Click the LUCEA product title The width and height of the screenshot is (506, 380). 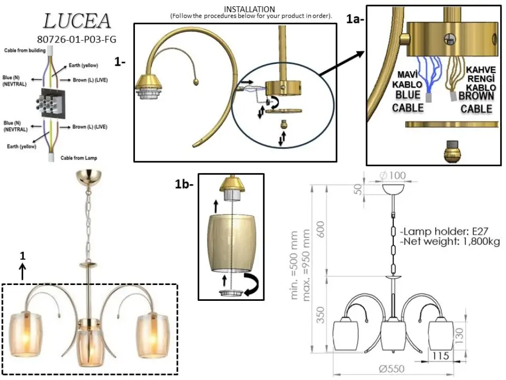point(77,21)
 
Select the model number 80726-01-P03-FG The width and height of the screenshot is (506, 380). point(77,40)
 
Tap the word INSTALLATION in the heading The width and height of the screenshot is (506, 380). point(250,9)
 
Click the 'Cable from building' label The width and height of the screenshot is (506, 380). point(25,50)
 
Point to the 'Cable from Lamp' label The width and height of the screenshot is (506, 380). point(79,158)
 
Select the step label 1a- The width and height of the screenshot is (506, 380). point(355,19)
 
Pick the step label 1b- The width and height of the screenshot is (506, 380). point(184,184)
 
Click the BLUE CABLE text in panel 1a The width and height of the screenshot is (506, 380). point(408,101)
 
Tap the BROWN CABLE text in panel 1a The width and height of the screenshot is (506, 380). point(476,102)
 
